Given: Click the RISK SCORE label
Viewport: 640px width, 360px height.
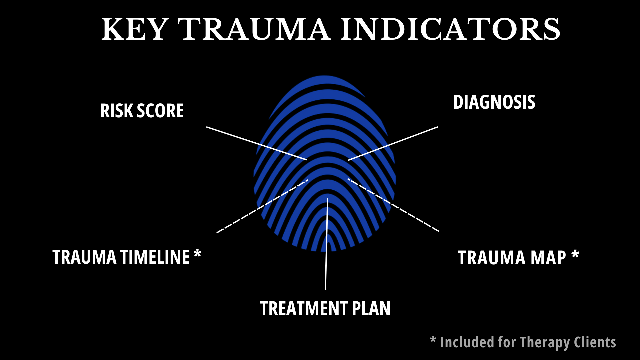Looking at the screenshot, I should tap(142, 111).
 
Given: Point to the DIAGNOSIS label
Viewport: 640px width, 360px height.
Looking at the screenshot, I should tap(494, 102).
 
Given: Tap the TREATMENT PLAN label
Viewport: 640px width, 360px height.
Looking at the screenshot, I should tap(325, 308).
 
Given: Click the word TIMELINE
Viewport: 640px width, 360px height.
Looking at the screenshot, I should tap(155, 257).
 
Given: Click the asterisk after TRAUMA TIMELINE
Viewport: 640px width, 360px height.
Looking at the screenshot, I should tap(197, 254).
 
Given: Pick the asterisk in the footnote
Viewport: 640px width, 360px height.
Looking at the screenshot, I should tap(433, 340).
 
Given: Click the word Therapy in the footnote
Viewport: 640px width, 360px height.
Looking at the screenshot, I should tap(545, 343).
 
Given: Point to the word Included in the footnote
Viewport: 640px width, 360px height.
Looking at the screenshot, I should tap(467, 343).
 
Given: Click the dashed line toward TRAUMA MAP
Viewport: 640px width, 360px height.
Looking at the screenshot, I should tap(393, 205).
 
